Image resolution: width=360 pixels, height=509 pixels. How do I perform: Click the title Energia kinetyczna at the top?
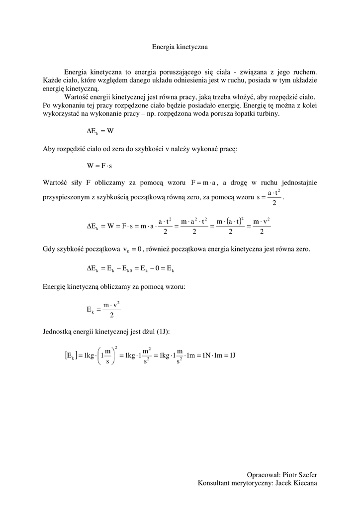click(180, 47)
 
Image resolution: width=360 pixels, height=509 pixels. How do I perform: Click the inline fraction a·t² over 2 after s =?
click(274, 197)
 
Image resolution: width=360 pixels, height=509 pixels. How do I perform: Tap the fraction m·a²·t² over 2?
click(194, 226)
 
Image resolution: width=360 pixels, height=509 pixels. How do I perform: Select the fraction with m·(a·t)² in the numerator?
click(230, 226)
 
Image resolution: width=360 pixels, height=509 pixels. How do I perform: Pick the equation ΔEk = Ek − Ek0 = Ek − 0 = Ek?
click(130, 268)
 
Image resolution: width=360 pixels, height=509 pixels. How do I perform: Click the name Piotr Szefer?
click(300, 475)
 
